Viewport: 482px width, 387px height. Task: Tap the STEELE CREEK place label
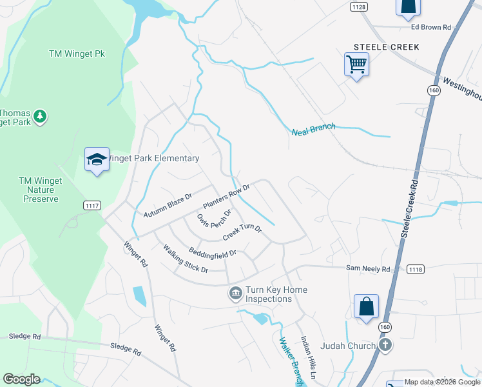click(387, 47)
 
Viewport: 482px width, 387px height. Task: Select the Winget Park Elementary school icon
click(97, 159)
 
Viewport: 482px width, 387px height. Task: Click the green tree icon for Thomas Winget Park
click(41, 116)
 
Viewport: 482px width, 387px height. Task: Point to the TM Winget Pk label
click(77, 54)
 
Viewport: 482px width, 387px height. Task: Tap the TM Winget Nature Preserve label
click(40, 190)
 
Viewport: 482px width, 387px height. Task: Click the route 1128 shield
click(360, 6)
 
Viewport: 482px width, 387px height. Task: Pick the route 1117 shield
click(92, 205)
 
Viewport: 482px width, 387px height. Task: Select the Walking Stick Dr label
click(186, 259)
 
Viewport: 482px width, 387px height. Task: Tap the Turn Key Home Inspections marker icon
click(235, 294)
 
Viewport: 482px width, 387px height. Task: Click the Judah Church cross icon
click(385, 345)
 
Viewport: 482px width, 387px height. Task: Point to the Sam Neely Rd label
click(369, 269)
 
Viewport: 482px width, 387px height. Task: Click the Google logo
click(21, 379)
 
